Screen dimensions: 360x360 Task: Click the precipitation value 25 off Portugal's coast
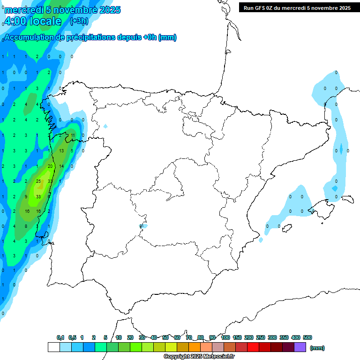click(38, 181)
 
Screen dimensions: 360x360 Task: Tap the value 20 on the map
click(50, 166)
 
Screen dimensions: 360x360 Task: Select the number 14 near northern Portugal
click(61, 166)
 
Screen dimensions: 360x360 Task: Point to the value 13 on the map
click(61, 151)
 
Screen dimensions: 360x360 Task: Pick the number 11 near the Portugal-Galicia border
click(73, 135)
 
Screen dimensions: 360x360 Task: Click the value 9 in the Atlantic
click(26, 196)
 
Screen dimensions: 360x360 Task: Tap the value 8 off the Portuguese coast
click(26, 226)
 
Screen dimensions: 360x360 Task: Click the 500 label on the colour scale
click(307, 337)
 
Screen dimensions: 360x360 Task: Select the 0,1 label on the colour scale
click(60, 337)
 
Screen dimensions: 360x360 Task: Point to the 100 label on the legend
click(225, 337)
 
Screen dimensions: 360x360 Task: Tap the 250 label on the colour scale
click(260, 337)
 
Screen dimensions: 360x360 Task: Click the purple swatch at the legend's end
click(300, 347)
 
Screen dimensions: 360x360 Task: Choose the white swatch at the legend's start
click(53, 347)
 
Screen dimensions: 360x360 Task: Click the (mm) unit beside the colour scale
click(317, 348)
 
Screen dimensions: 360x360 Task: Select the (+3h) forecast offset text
click(79, 21)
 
